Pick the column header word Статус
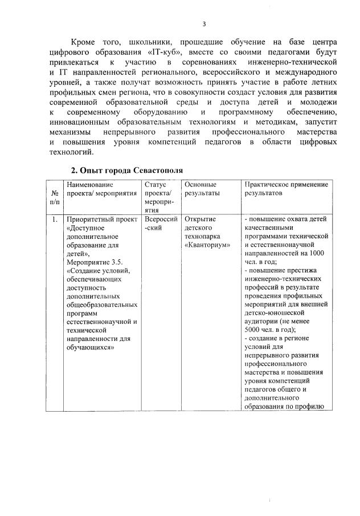pyautogui.click(x=155, y=185)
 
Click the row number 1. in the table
pyautogui.click(x=54, y=219)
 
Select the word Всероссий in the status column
pyautogui.click(x=161, y=219)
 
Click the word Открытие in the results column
pyautogui.click(x=199, y=219)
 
